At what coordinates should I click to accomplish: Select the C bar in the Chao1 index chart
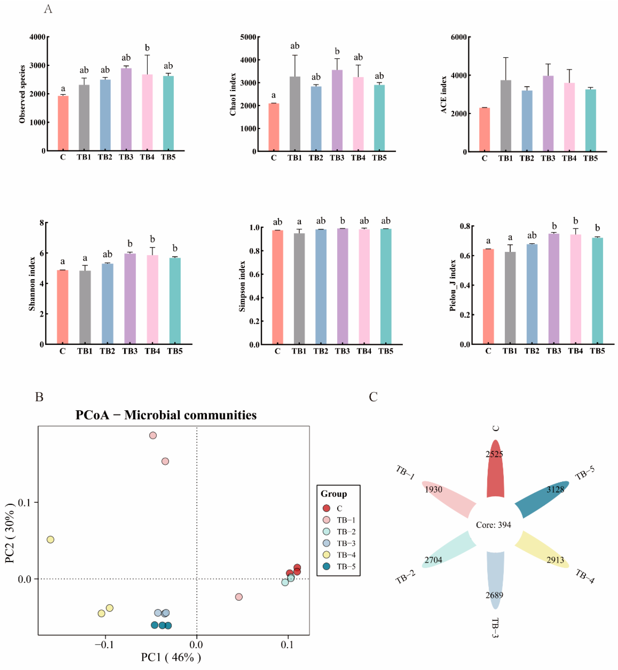[274, 127]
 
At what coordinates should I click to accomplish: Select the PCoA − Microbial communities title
[166, 415]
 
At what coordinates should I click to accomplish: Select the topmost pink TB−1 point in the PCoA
[153, 435]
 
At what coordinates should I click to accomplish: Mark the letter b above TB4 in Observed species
[147, 48]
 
